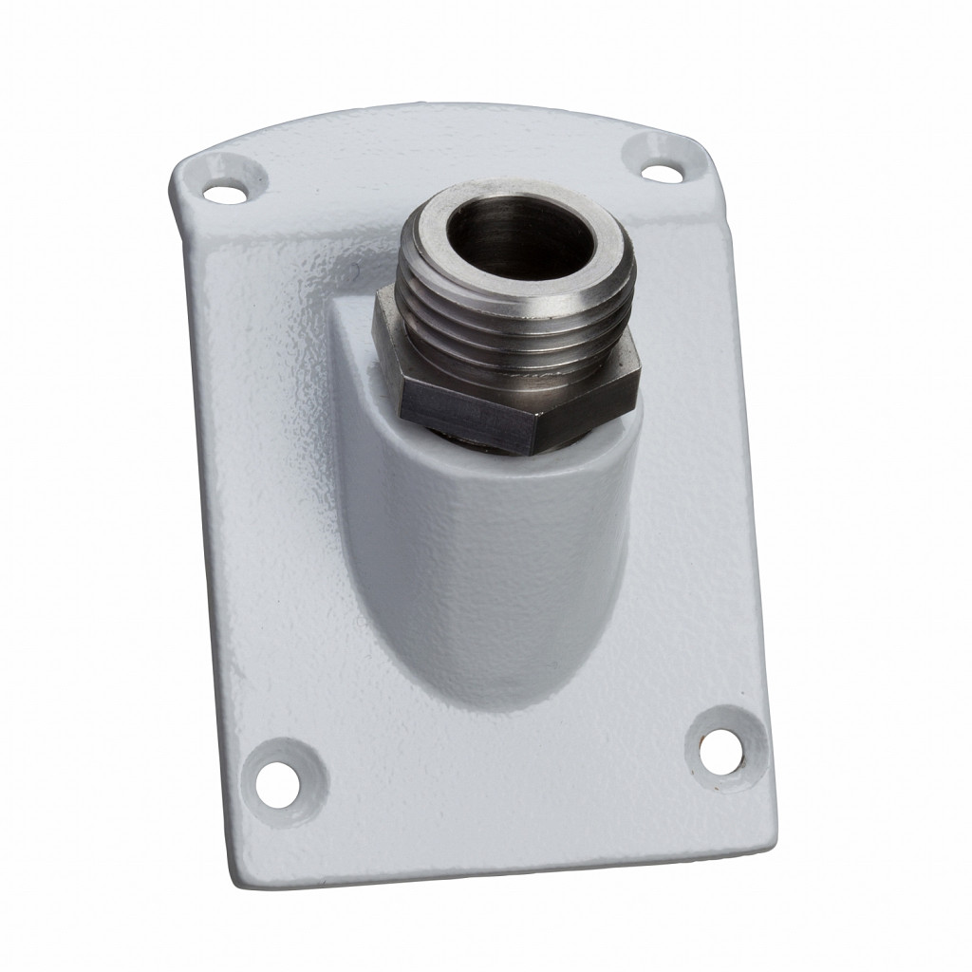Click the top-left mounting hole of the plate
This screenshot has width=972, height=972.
pos(221,194)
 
